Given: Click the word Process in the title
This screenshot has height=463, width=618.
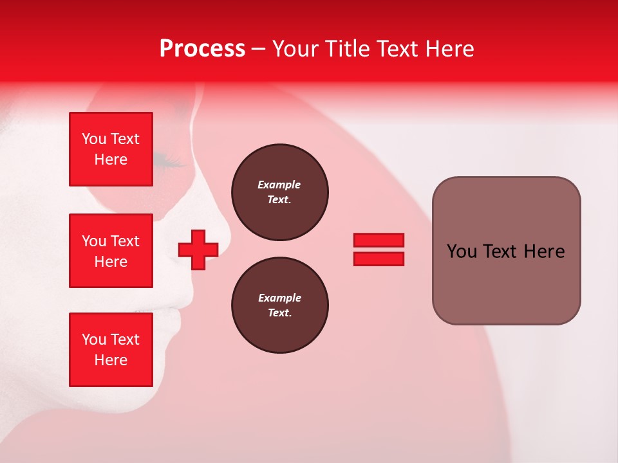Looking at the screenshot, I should (202, 49).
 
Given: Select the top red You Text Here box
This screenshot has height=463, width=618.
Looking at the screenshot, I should (111, 149).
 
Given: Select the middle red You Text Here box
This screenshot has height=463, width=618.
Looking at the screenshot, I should (111, 251).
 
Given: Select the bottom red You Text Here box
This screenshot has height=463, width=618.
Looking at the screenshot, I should (111, 349).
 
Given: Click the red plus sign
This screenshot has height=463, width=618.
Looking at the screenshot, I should (198, 250).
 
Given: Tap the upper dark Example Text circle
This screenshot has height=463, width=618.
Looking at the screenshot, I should (279, 192).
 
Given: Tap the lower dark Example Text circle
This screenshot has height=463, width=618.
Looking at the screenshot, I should (279, 305).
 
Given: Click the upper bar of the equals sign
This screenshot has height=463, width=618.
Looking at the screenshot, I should (379, 240).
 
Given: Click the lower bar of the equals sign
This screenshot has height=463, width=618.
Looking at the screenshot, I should (379, 259).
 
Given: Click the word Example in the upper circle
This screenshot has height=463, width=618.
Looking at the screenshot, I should (279, 185).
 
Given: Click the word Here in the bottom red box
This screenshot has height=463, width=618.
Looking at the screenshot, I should (111, 360).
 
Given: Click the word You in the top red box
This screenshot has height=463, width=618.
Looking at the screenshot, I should (94, 139).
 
